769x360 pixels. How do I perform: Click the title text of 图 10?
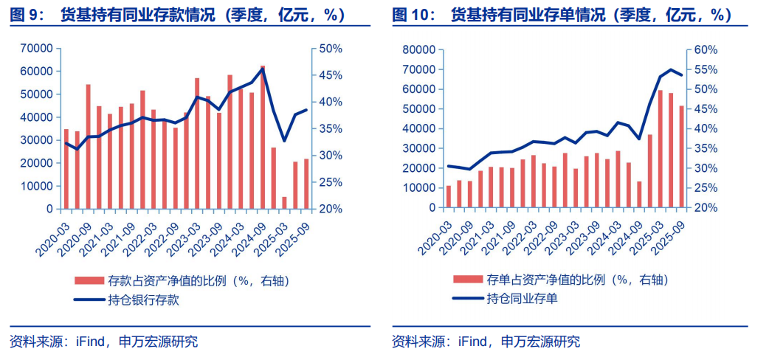[561, 15]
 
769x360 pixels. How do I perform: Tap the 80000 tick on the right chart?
[418, 49]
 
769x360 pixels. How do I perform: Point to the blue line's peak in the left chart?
[263, 69]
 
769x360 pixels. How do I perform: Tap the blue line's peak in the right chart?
[671, 70]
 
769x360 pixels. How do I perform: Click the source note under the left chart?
[103, 342]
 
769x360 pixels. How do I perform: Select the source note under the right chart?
[486, 342]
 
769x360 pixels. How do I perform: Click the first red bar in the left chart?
[66, 169]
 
